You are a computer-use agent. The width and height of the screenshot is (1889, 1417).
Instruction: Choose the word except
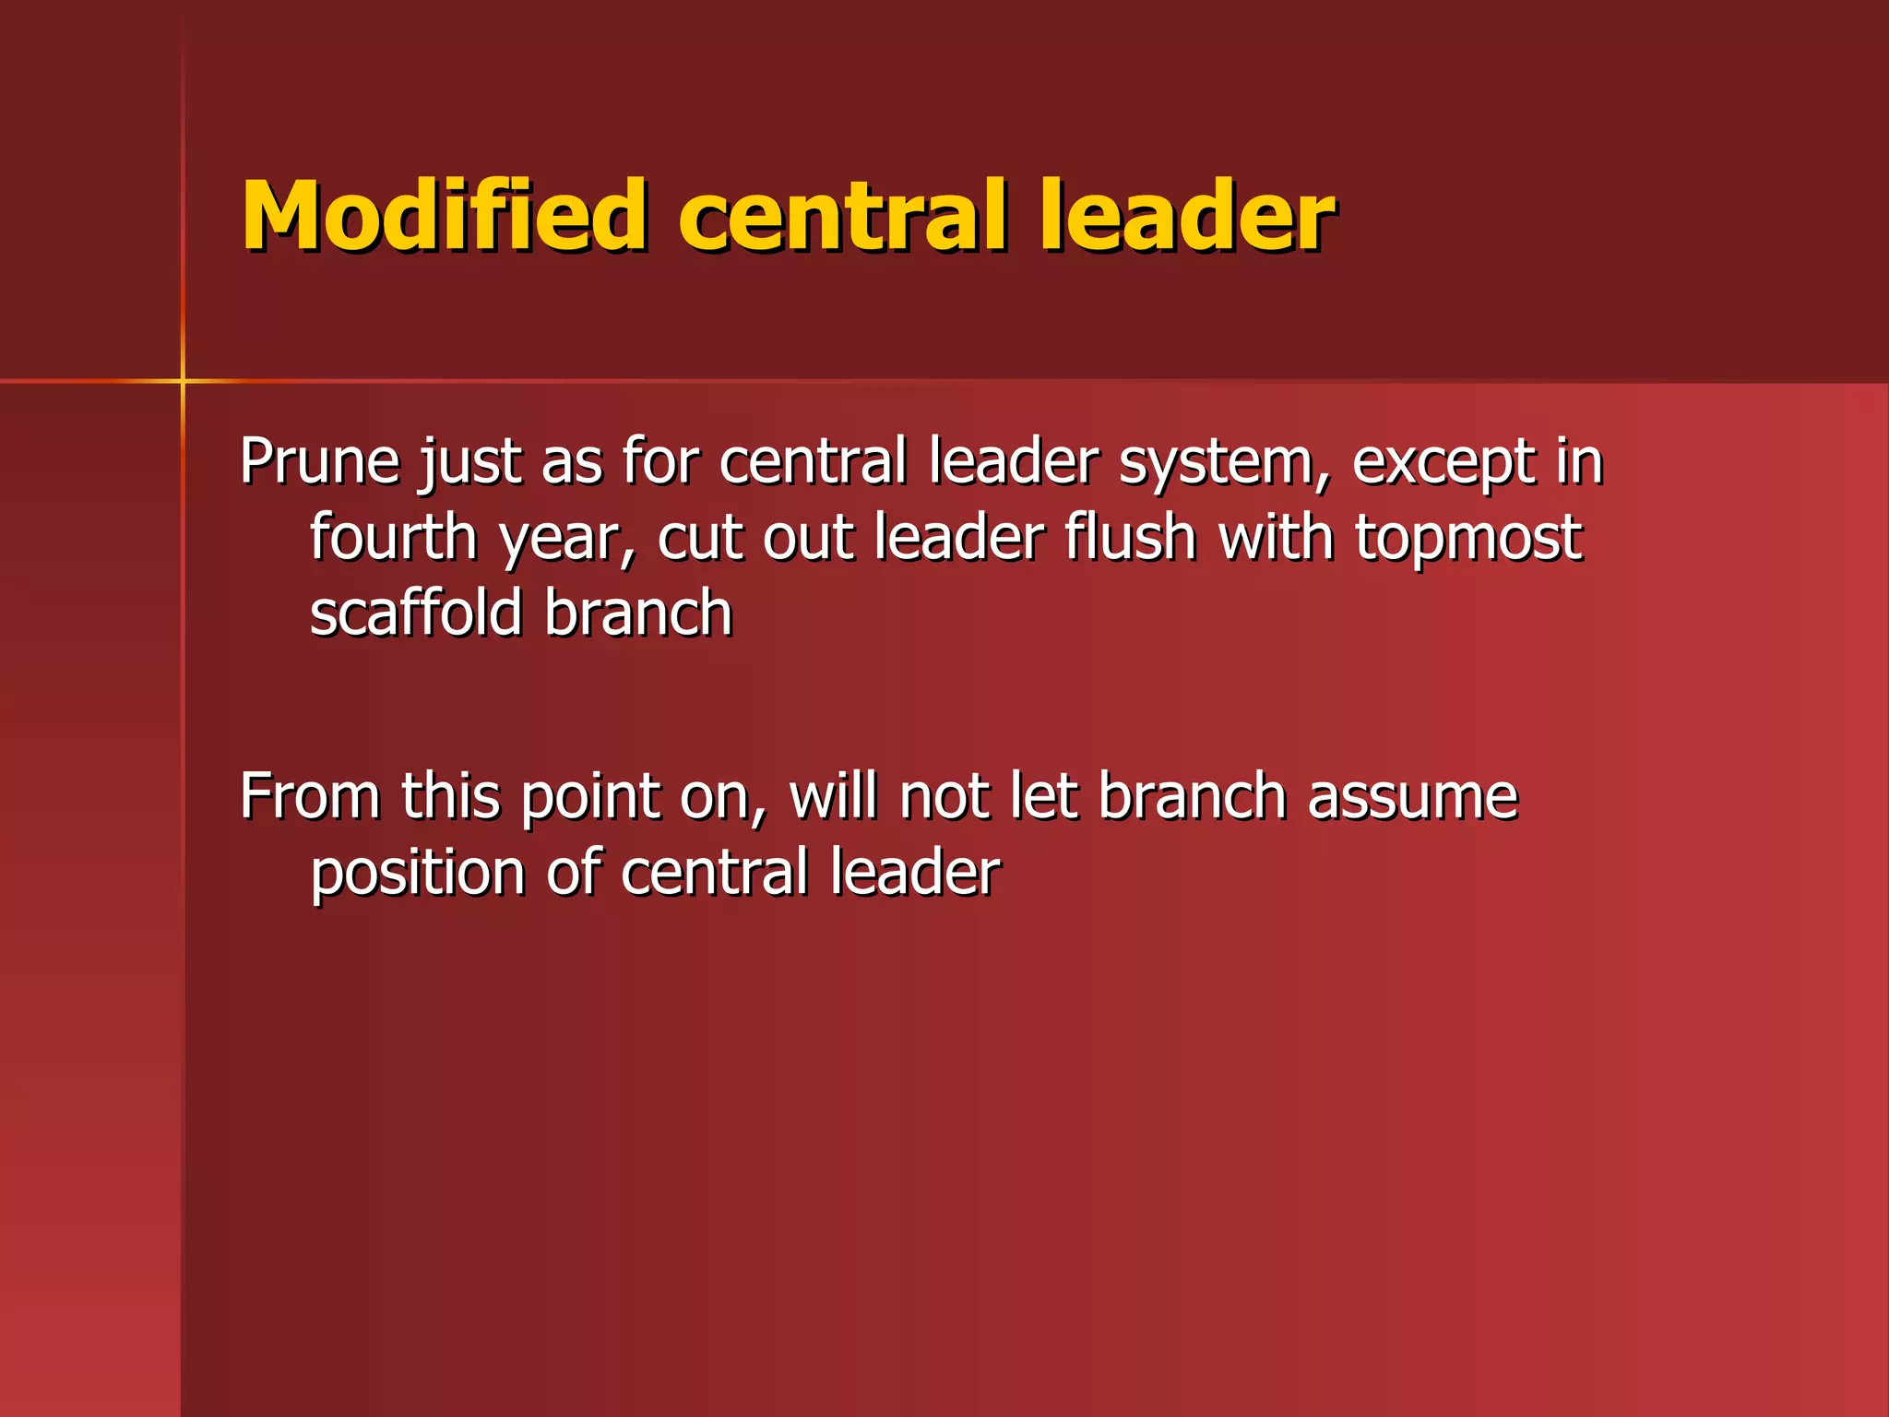[1443, 463]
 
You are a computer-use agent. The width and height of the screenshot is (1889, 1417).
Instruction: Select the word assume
[1412, 798]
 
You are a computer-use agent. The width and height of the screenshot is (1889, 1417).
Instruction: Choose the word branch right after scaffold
[638, 613]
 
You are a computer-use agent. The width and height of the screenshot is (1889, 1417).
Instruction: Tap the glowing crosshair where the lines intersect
[183, 380]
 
